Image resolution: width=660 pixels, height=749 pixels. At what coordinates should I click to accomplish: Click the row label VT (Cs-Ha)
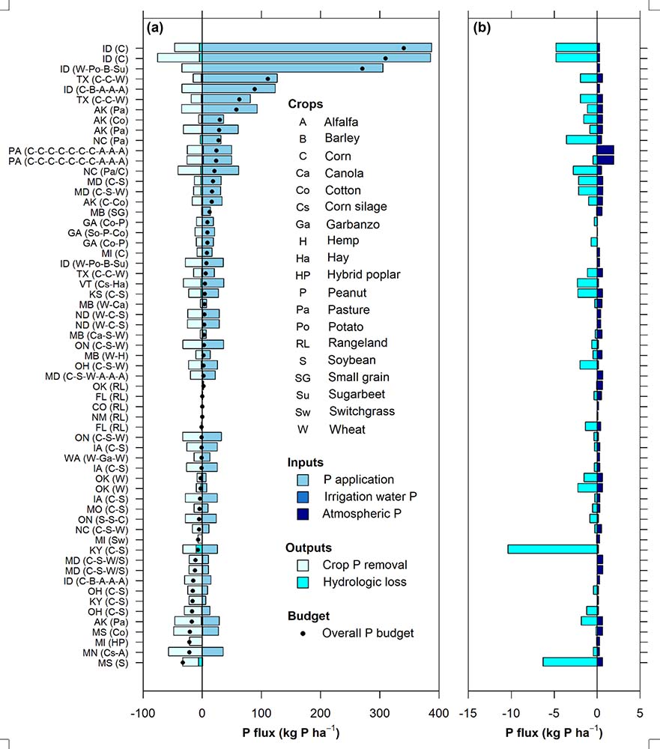tap(103, 284)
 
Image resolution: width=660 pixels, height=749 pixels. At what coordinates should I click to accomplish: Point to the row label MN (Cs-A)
tap(103, 652)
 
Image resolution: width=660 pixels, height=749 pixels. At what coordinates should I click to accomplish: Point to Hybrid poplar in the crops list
tap(363, 275)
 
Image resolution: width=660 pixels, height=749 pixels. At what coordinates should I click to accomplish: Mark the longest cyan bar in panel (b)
tap(552, 549)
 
